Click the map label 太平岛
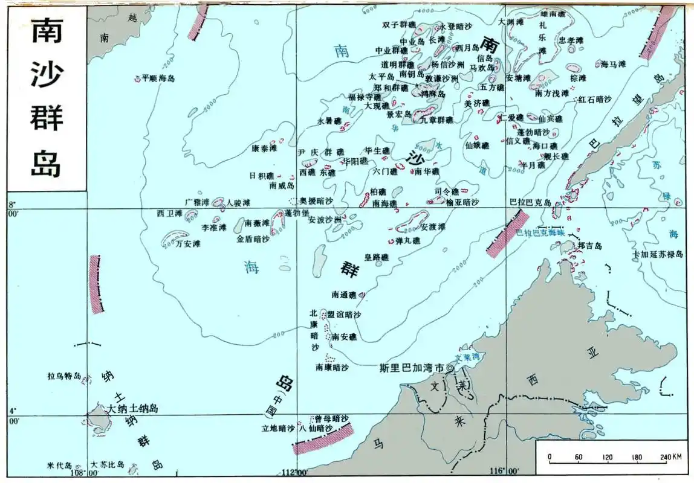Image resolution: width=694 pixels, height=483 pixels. (x=381, y=77)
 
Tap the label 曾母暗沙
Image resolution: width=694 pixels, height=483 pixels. (x=332, y=418)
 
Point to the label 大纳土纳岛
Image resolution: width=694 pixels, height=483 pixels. (x=132, y=409)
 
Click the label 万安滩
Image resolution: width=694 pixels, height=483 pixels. (x=188, y=244)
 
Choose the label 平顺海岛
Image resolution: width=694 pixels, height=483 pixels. (x=158, y=78)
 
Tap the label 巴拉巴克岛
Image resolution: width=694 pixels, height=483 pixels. (x=530, y=202)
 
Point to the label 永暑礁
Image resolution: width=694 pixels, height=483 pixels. (x=329, y=121)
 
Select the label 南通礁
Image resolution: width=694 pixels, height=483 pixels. (x=344, y=295)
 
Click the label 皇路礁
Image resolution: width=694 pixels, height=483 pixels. (x=376, y=257)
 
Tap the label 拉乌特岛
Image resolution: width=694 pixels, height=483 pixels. (x=64, y=376)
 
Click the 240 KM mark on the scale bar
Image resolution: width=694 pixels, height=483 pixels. (x=671, y=456)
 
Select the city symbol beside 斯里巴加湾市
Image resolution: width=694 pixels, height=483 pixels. (x=449, y=367)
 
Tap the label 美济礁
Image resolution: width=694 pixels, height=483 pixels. (x=476, y=103)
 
